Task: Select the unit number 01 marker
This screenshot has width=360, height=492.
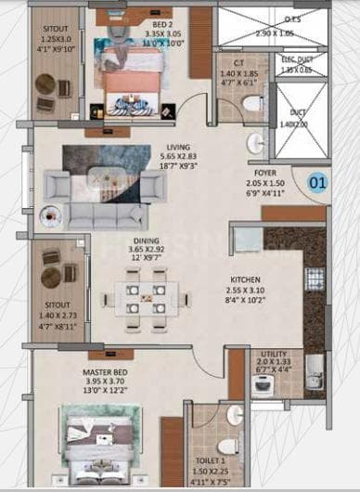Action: (x=317, y=182)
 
